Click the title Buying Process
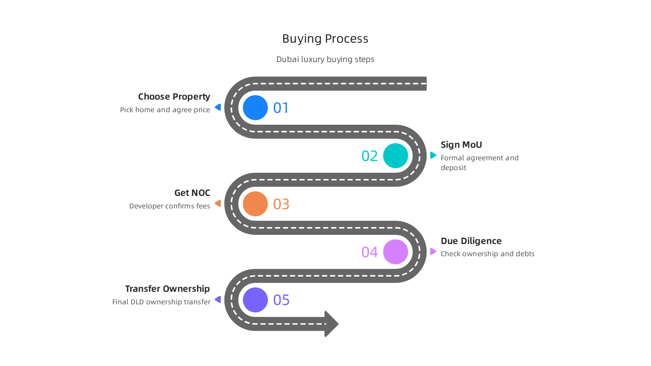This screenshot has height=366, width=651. [325, 39]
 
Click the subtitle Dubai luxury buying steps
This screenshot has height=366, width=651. [325, 59]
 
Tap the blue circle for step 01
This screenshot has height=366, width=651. [255, 108]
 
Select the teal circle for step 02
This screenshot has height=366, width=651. [395, 156]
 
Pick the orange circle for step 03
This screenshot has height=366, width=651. [255, 204]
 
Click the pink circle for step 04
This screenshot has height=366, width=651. [395, 252]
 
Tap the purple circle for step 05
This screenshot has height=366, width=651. [255, 300]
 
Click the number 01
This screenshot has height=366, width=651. [281, 108]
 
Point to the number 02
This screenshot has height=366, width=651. [370, 156]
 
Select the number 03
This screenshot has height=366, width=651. [281, 204]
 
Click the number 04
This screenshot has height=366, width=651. [370, 252]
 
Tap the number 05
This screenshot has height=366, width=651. [281, 300]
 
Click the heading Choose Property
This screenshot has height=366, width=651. [174, 97]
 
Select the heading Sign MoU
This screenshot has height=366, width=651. [461, 145]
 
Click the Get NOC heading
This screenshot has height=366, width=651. [192, 193]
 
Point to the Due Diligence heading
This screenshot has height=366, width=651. [471, 241]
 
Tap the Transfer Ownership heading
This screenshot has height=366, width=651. [167, 289]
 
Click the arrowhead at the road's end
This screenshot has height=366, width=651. [331, 324]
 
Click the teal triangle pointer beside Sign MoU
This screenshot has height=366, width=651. [433, 155]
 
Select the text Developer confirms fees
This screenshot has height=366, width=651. [170, 206]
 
